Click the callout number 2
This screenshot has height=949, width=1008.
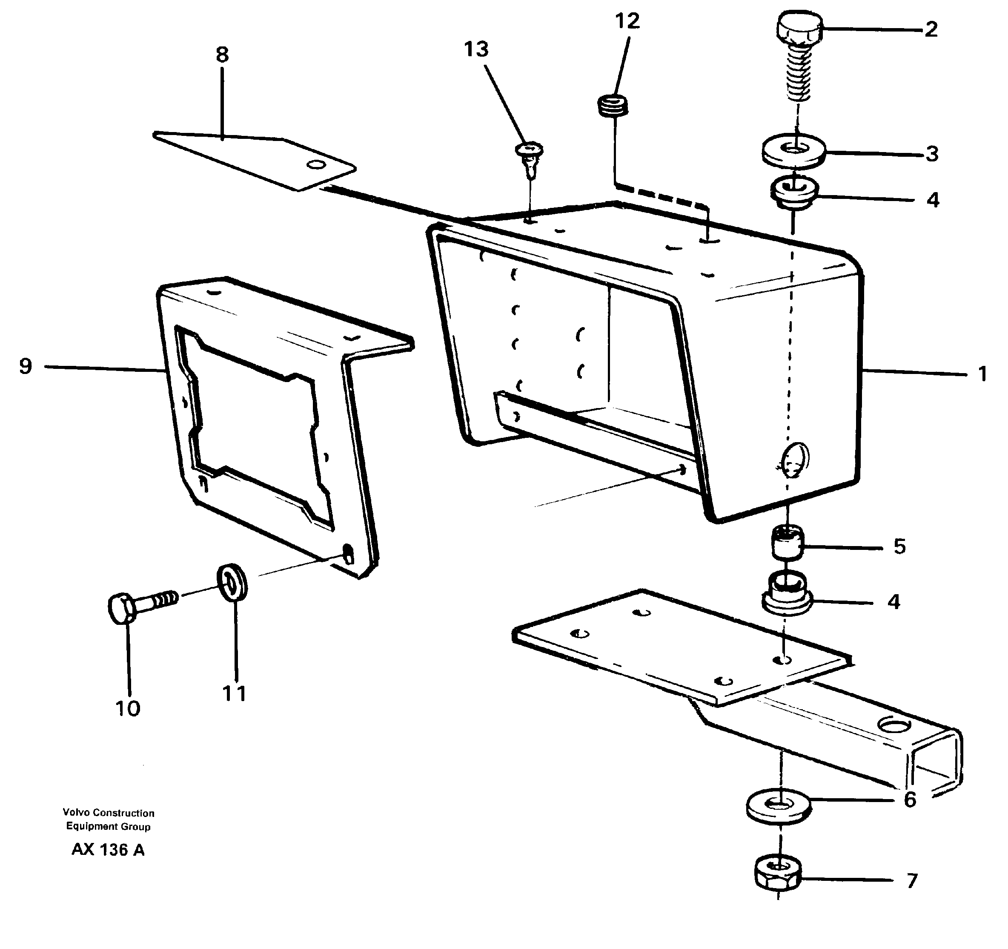click(x=931, y=29)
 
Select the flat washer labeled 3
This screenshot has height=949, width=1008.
click(x=794, y=151)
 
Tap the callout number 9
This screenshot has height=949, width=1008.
click(x=26, y=366)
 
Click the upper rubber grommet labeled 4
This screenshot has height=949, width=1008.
click(x=793, y=193)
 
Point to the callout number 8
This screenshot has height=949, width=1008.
click(x=222, y=54)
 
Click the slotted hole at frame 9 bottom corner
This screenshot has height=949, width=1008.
click(x=348, y=554)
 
